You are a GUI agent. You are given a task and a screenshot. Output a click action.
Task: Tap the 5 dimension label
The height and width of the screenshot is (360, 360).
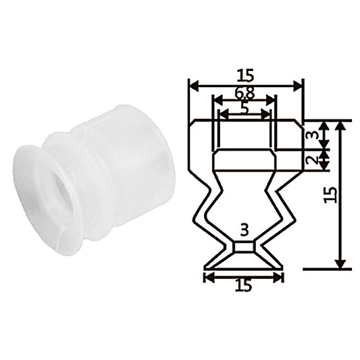245,109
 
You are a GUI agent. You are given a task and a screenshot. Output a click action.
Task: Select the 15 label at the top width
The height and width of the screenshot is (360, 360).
245,75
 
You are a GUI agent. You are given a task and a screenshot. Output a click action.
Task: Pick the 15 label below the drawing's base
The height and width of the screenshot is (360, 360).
244,286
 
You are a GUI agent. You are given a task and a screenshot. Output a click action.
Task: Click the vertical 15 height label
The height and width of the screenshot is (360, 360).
330,195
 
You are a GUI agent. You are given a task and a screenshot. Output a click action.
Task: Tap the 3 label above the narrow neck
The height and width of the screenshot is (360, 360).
245,230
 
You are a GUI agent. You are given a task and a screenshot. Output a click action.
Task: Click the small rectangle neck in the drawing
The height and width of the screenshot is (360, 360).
244,247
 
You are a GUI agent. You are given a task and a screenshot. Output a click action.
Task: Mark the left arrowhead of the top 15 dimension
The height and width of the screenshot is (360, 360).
193,86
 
